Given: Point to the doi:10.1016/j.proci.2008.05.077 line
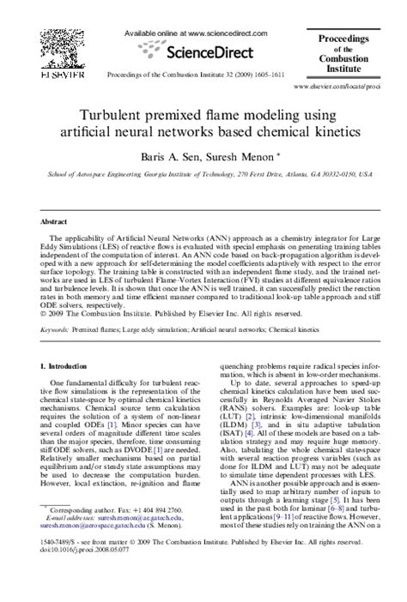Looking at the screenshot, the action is [85, 575].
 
